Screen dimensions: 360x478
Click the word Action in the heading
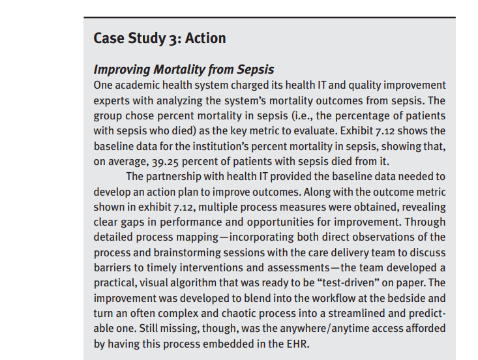coord(205,38)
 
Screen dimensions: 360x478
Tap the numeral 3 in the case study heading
coord(175,38)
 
